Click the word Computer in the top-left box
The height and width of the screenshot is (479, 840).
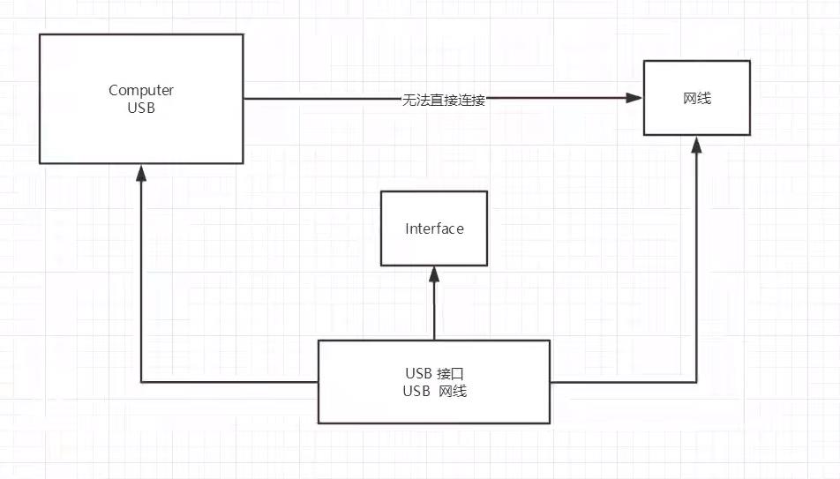coord(141,90)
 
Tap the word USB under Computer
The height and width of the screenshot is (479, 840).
coord(141,108)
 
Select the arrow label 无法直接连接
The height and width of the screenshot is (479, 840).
coord(444,100)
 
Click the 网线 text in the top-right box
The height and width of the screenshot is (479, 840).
coord(697,98)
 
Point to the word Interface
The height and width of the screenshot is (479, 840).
coord(434,228)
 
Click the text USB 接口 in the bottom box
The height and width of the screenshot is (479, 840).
coord(434,373)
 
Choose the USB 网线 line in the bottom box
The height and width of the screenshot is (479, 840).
coord(434,392)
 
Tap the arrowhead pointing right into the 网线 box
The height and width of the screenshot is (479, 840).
coord(634,99)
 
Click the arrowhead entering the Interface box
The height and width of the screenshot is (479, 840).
coord(434,273)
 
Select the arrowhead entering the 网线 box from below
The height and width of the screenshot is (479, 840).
coord(697,144)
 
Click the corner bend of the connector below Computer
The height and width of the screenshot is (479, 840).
coord(141,382)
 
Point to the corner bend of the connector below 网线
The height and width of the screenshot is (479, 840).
coord(697,382)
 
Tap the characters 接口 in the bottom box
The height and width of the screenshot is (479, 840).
coord(450,373)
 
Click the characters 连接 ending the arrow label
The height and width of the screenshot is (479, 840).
coord(473,100)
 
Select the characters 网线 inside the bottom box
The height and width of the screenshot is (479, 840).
coord(454,392)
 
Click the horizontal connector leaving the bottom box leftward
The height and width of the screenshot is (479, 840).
coord(229,382)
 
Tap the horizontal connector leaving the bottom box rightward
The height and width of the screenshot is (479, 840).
coord(622,382)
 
